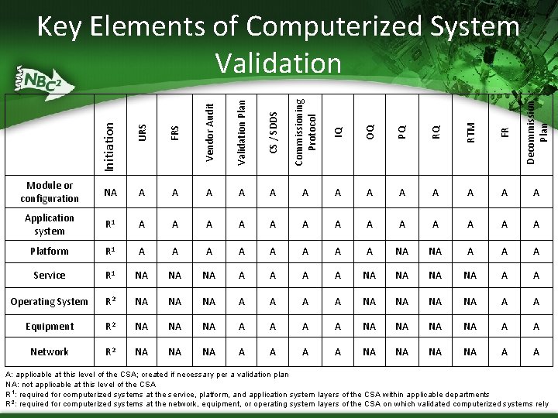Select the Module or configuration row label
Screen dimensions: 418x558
(x=50, y=193)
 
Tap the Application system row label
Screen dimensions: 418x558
(x=50, y=224)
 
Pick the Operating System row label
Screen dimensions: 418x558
(x=50, y=301)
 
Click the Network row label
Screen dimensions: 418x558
(x=50, y=351)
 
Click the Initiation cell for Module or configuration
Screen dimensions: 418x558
(x=110, y=193)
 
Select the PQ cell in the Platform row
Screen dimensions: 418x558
(x=401, y=251)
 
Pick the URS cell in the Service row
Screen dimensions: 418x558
(x=142, y=275)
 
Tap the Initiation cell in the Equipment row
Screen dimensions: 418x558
(x=110, y=326)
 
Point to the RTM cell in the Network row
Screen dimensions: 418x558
(x=470, y=351)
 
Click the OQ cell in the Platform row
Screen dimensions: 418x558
(x=370, y=251)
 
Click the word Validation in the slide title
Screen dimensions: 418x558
(x=278, y=63)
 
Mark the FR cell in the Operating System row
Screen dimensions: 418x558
(x=505, y=301)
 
